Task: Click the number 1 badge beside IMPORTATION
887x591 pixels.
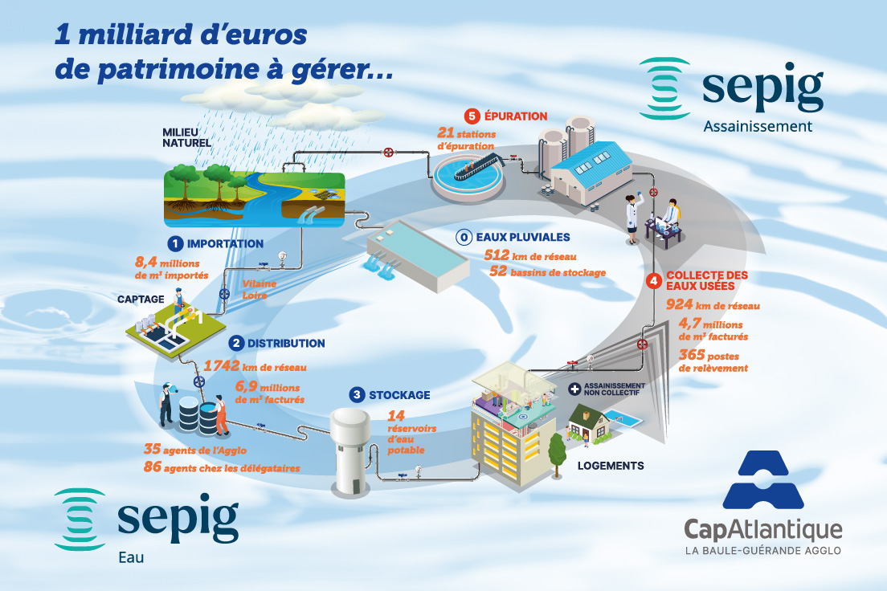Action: (x=174, y=243)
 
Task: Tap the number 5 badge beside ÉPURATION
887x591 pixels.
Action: (x=472, y=116)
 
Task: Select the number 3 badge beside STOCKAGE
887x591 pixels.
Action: (x=357, y=395)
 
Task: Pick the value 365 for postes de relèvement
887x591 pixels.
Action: (x=693, y=354)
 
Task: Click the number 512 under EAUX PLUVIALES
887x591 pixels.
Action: (x=501, y=255)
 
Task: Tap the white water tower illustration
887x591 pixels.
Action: (x=350, y=450)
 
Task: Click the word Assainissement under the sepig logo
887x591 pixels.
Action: (x=757, y=126)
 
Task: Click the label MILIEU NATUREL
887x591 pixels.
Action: (x=186, y=138)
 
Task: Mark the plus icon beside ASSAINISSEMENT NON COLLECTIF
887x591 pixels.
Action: (x=574, y=389)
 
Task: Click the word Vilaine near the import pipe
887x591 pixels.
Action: (x=255, y=283)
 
